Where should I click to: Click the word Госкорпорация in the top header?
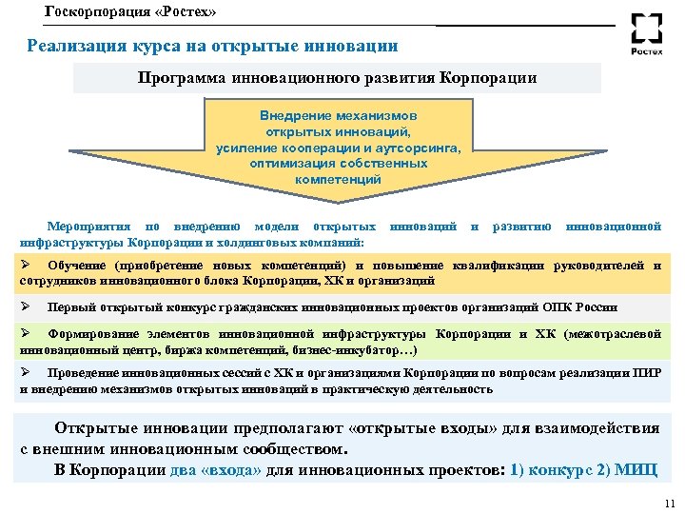pos(93,12)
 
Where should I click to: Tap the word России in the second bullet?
pos(597,307)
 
